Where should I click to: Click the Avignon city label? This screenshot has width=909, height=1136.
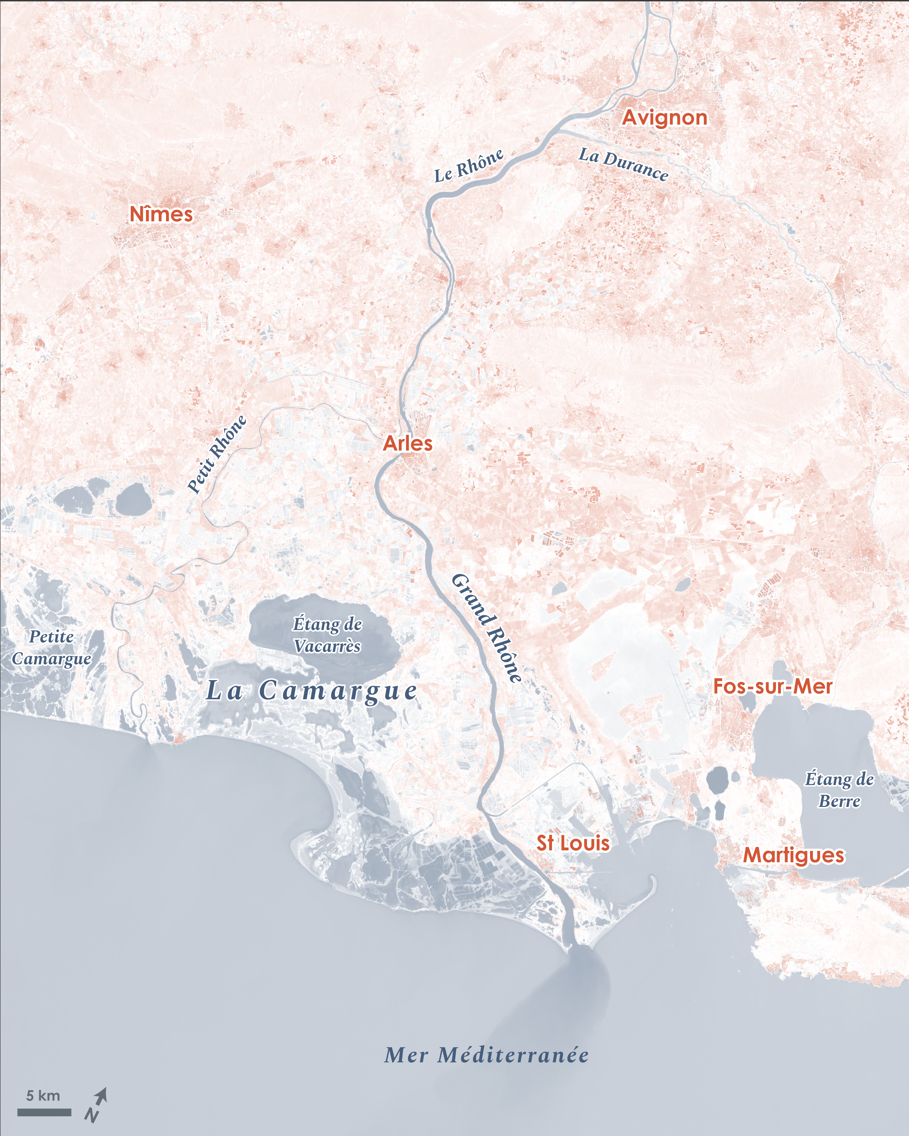[x=665, y=118]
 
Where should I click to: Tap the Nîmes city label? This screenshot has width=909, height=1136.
[x=161, y=214]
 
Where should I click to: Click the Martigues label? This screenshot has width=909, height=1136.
[x=794, y=855]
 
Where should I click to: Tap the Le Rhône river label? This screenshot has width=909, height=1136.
[x=468, y=166]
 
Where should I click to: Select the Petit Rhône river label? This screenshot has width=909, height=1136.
[x=217, y=454]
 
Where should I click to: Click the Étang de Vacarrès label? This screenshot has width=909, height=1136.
[x=327, y=635]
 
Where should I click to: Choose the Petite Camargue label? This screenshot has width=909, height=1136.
[x=52, y=648]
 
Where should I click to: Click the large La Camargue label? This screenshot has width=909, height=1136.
[x=312, y=691]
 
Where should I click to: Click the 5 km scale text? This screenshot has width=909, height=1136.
[x=43, y=1095]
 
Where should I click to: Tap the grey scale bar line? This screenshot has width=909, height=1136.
[x=44, y=1112]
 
